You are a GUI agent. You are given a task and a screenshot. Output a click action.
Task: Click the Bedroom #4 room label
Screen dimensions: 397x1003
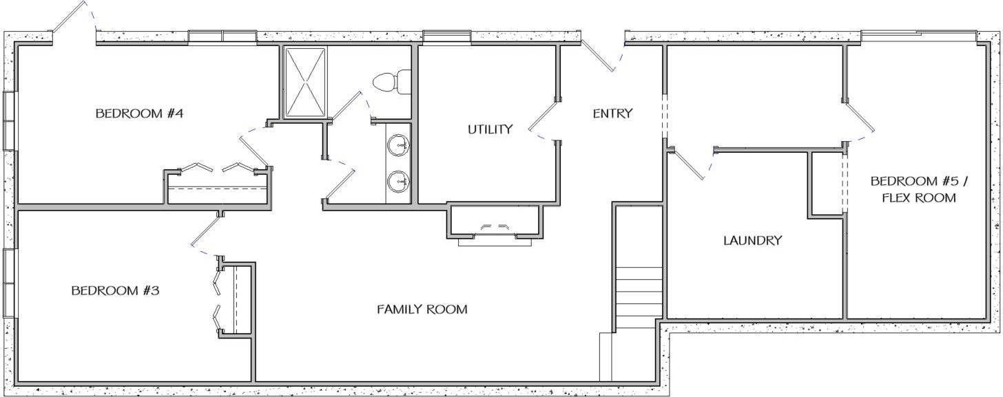pos(138,114)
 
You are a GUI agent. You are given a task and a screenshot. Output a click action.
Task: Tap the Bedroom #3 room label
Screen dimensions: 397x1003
pos(116,291)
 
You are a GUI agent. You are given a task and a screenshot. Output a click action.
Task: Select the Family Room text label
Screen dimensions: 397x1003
pos(422,310)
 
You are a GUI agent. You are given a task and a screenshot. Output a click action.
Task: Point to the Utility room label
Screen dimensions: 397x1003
pos(490,129)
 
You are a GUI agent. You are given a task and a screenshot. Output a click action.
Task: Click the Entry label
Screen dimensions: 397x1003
pos(612,114)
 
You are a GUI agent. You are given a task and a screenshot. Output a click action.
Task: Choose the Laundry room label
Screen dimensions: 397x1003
pos(752,241)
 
